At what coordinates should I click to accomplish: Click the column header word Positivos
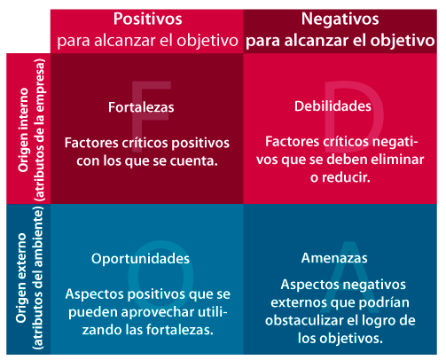[x=148, y=19]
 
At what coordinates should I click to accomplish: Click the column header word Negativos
[x=340, y=20]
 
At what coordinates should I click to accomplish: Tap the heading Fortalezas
[x=141, y=107]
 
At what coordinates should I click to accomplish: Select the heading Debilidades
[x=333, y=106]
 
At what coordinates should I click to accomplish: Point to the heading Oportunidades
[x=140, y=259]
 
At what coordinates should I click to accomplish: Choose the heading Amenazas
[x=334, y=258]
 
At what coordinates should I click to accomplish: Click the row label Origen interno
[x=23, y=129]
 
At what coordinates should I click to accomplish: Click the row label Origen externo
[x=21, y=278]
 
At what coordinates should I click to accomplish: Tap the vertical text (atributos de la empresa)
[x=39, y=129]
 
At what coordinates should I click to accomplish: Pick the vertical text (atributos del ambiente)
[x=38, y=278]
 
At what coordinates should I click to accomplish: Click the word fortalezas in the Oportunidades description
[x=180, y=330]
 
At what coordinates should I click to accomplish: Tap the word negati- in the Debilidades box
[x=395, y=142]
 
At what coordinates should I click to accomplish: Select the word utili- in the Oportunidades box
[x=213, y=312]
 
